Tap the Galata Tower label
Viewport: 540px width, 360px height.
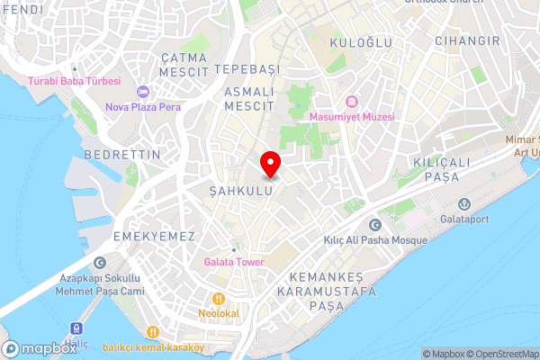point(233,262)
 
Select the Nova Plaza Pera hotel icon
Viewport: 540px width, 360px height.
point(142,92)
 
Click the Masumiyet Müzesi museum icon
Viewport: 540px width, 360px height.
point(351,101)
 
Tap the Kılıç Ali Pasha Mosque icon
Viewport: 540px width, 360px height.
point(374,225)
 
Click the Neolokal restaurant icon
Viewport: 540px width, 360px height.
point(218,299)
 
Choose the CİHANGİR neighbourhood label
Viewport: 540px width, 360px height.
point(466,41)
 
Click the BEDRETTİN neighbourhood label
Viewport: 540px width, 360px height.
point(121,155)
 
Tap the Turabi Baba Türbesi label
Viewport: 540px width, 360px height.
point(75,81)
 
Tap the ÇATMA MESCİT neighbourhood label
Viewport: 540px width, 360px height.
point(184,63)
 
